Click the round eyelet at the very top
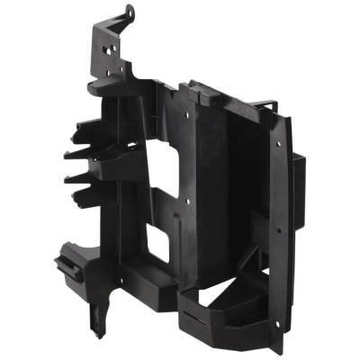coord(130,13)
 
